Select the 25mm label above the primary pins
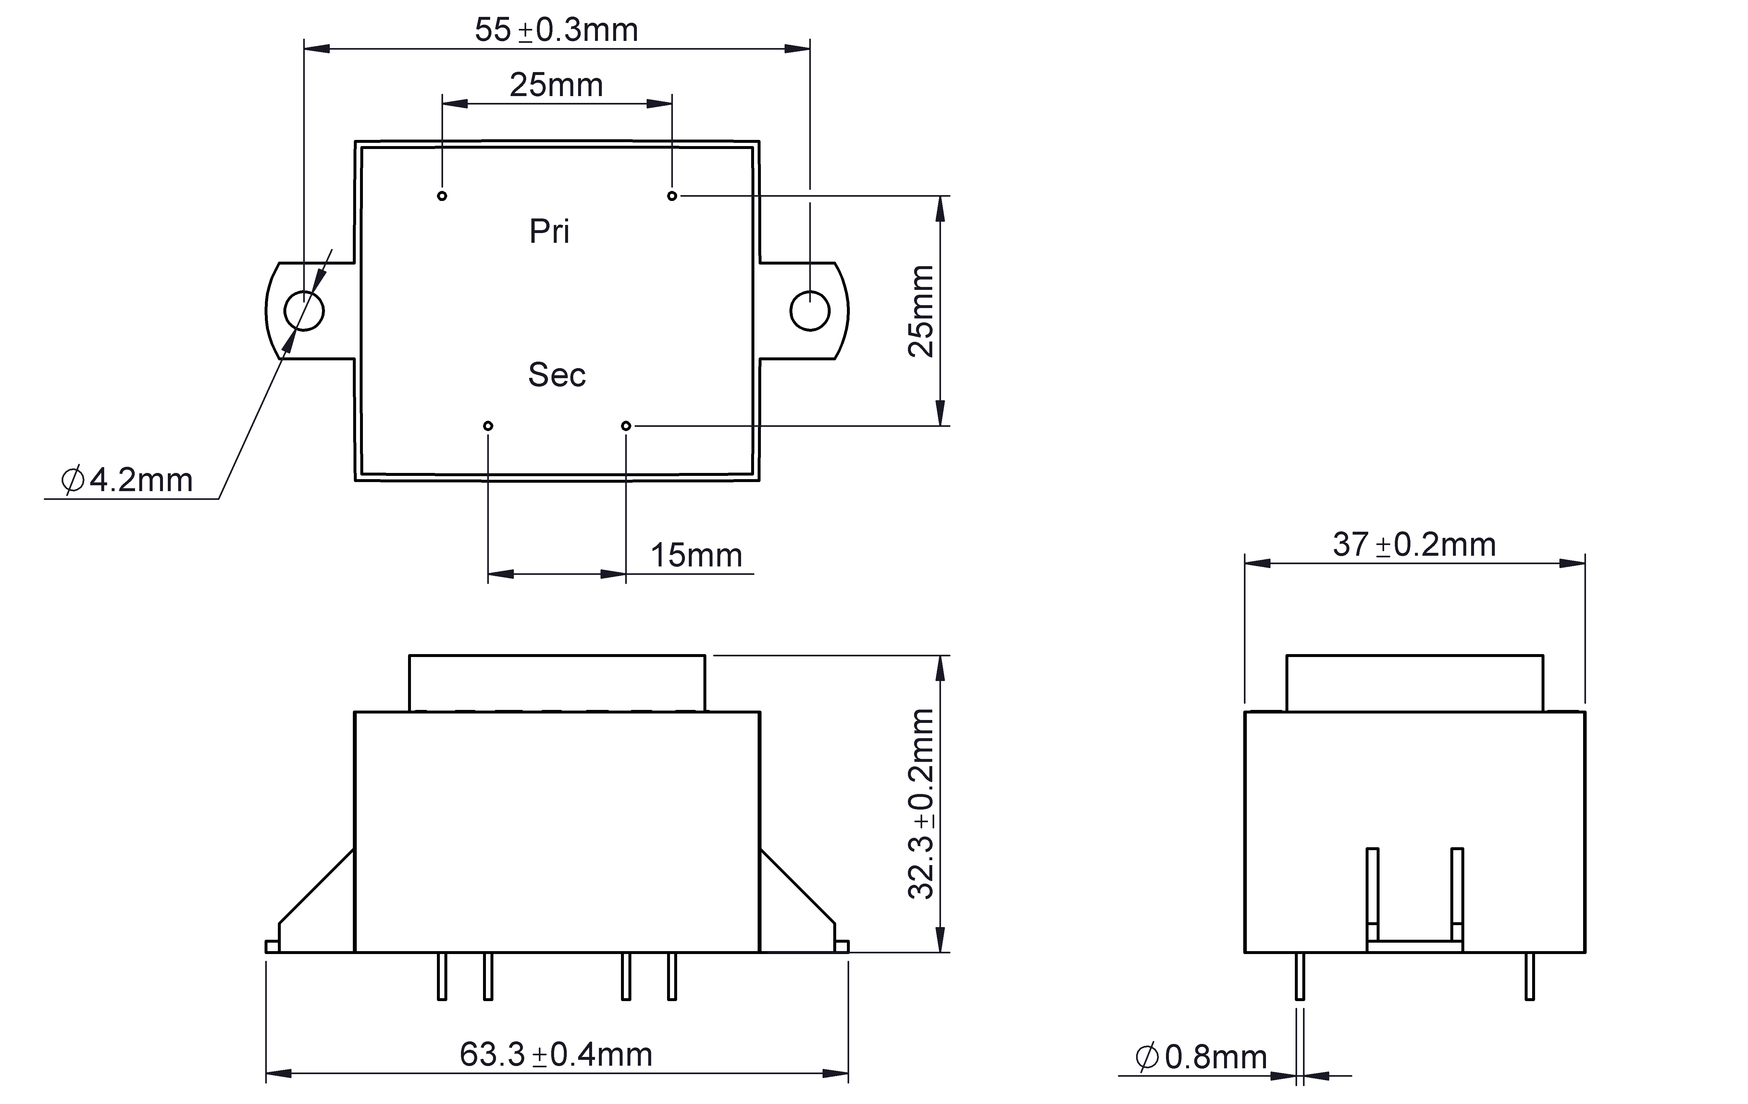(556, 85)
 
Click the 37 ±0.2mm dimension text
(1414, 544)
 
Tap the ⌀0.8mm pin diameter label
(1201, 1057)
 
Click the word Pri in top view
(550, 231)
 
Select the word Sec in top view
(557, 375)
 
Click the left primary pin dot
(442, 196)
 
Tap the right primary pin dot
(672, 196)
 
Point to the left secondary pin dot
(488, 425)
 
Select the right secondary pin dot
(626, 425)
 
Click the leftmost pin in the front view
(442, 976)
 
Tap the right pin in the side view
(1530, 976)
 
